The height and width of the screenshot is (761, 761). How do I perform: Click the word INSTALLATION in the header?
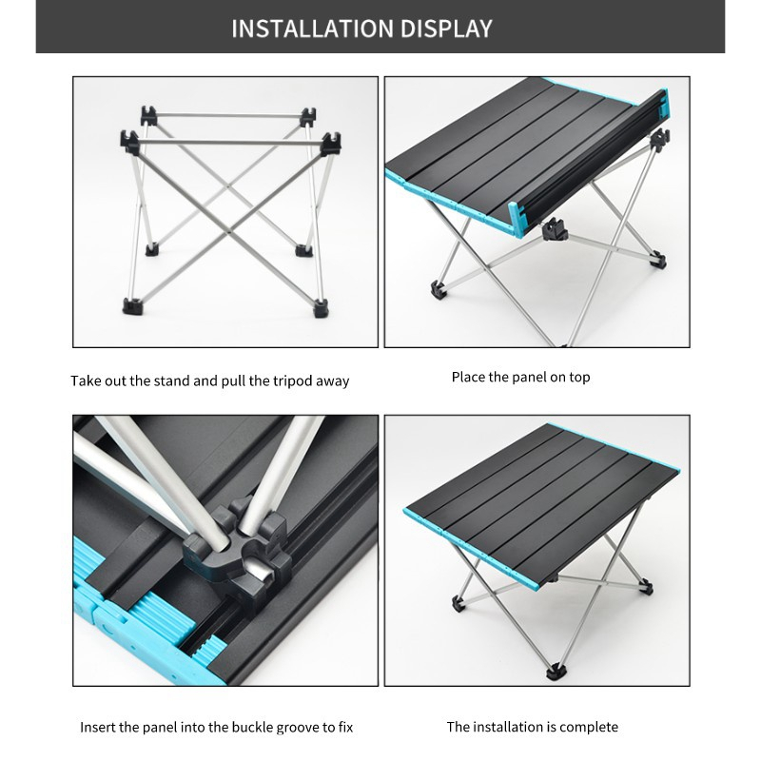click(x=313, y=29)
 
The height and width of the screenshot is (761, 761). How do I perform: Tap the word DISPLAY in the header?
click(x=447, y=29)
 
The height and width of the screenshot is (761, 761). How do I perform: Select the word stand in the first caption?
click(x=171, y=381)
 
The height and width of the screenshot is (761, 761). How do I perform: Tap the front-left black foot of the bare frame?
click(x=131, y=306)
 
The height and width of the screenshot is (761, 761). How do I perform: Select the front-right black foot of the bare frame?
click(x=321, y=308)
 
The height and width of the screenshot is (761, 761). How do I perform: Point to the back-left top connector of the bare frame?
click(x=149, y=115)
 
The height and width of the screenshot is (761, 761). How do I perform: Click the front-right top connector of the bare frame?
click(x=331, y=144)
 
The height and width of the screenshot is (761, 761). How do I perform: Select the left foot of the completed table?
click(x=459, y=604)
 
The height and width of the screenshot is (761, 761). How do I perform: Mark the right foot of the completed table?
click(x=646, y=587)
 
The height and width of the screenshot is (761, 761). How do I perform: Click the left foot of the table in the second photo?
click(x=438, y=291)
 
